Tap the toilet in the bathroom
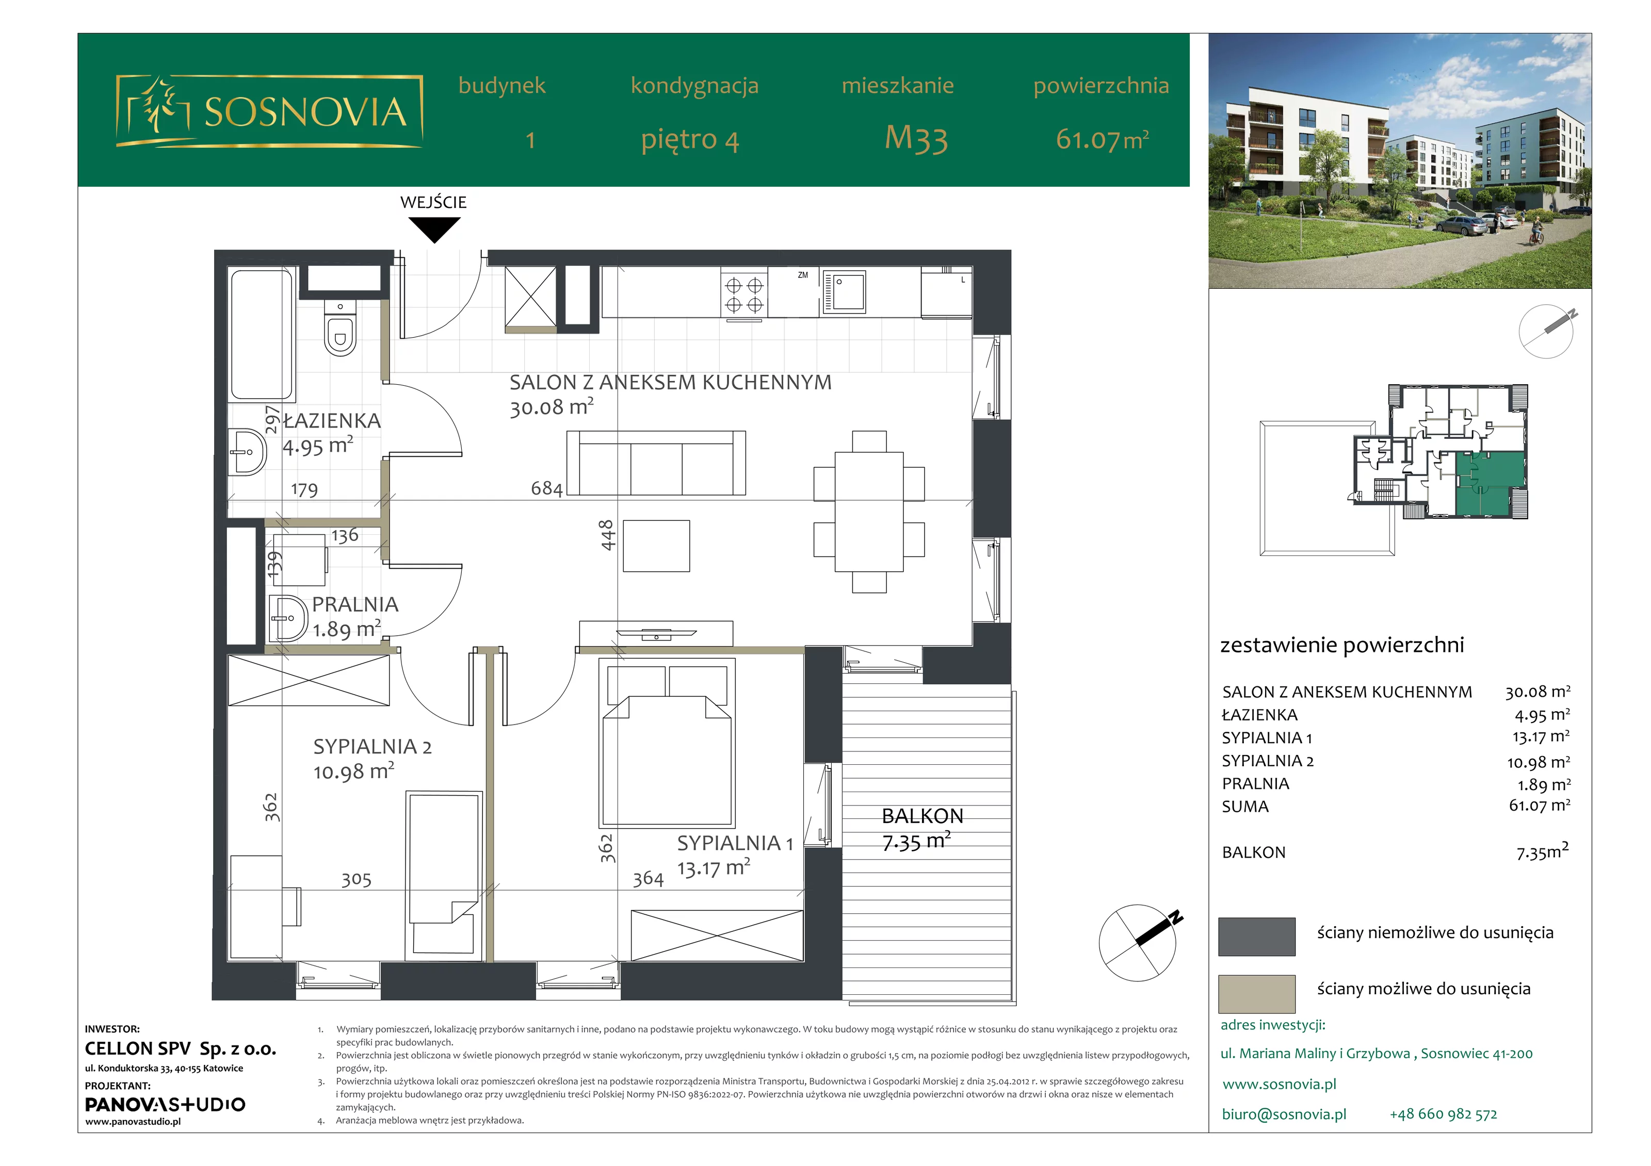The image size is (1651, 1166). [340, 329]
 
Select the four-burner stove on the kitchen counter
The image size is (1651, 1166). [744, 295]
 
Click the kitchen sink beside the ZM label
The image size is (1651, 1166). [844, 291]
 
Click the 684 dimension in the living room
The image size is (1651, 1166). [546, 489]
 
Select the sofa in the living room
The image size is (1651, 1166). [656, 463]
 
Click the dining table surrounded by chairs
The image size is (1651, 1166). [869, 512]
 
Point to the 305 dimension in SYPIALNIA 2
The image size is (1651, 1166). [357, 880]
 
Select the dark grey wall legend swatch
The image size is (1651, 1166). [1257, 937]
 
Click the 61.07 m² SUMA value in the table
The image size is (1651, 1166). [1540, 806]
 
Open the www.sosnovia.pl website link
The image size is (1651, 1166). [1279, 1084]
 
